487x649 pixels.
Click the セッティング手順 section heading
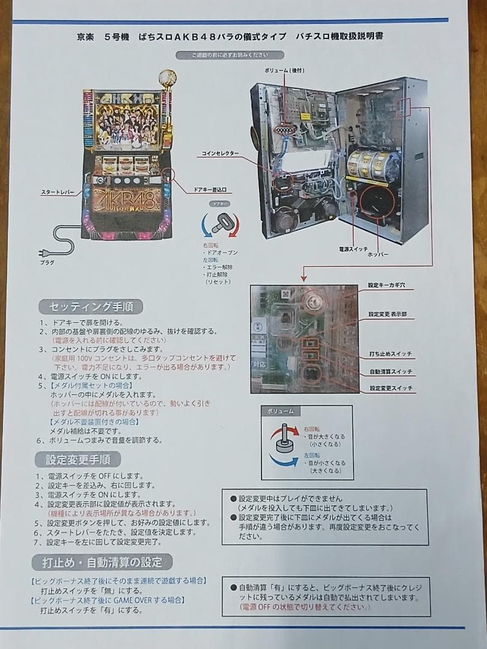pyautogui.click(x=91, y=306)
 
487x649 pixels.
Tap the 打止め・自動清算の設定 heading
pyautogui.click(x=102, y=562)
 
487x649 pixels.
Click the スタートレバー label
pyautogui.click(x=58, y=192)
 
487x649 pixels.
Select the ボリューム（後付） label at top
pyautogui.click(x=286, y=71)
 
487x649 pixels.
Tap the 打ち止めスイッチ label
pyautogui.click(x=390, y=353)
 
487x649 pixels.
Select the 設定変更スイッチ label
pyautogui.click(x=390, y=389)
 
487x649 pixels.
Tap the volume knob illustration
pyautogui.click(x=283, y=445)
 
